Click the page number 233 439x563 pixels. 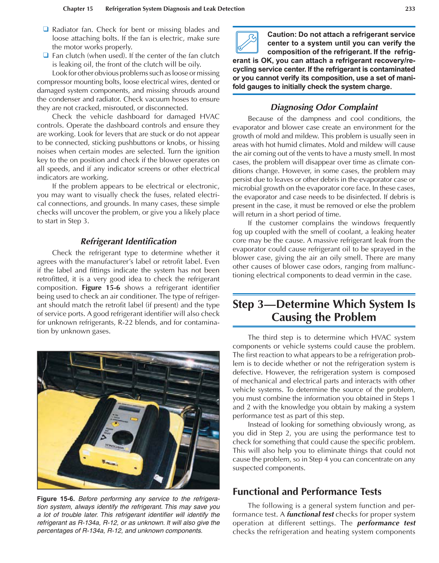click(410, 9)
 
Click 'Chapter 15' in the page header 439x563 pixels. click(78, 9)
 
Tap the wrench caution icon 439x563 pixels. click(247, 42)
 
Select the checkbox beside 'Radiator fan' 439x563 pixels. click(46, 29)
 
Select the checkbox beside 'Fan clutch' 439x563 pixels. click(46, 55)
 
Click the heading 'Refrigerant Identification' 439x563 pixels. click(129, 241)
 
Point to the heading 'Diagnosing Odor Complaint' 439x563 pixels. click(324, 107)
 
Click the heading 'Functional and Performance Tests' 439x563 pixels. click(307, 492)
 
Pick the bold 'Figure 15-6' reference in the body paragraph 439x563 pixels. click(101, 287)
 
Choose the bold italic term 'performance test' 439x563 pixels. click(386, 523)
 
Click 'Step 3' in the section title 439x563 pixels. click(248, 304)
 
